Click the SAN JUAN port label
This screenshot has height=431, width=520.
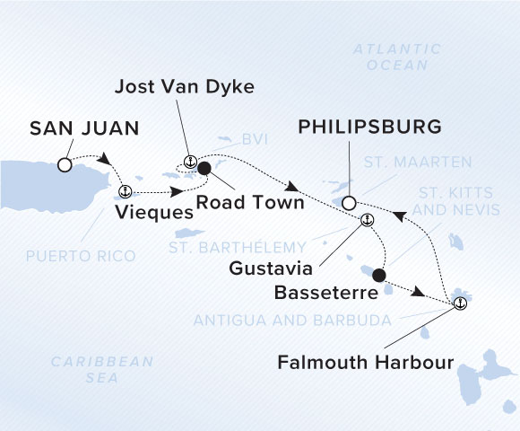click(x=84, y=129)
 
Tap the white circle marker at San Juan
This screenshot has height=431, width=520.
click(x=64, y=165)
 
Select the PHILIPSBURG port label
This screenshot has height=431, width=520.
click(x=369, y=128)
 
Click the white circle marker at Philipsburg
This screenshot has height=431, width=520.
click(x=349, y=203)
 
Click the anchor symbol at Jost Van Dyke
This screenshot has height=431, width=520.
click(x=189, y=162)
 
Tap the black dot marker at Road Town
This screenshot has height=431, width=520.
click(x=204, y=168)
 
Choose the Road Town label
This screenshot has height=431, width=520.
click(x=250, y=203)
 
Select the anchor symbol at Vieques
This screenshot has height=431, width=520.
click(x=126, y=190)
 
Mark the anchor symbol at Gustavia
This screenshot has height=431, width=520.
click(x=366, y=219)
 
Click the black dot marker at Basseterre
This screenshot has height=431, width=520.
click(x=378, y=275)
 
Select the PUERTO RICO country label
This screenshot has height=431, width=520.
click(x=81, y=256)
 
